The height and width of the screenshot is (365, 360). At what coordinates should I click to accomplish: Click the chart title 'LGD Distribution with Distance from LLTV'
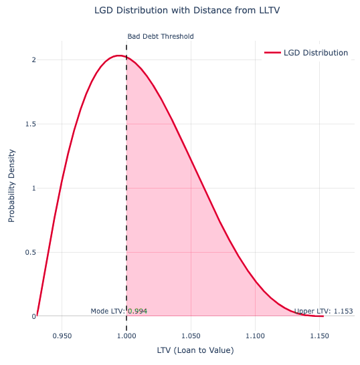pyautogui.click(x=180, y=11)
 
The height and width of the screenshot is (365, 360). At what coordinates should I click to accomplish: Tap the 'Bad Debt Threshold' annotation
pyautogui.click(x=160, y=37)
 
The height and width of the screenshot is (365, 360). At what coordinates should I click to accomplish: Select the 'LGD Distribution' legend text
pyautogui.click(x=316, y=53)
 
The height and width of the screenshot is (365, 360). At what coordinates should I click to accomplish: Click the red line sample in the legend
pyautogui.click(x=272, y=53)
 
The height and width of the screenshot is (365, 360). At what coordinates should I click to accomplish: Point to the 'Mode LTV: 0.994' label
pyautogui.click(x=119, y=312)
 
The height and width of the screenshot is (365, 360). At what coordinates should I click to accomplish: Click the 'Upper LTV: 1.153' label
pyautogui.click(x=324, y=312)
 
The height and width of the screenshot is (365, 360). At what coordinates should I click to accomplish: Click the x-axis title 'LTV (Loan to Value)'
pyautogui.click(x=191, y=350)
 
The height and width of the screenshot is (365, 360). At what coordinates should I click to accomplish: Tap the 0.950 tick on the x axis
pyautogui.click(x=62, y=330)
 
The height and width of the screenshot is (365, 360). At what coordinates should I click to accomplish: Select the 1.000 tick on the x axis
pyautogui.click(x=126, y=330)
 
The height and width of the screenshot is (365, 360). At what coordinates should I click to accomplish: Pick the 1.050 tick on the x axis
pyautogui.click(x=191, y=330)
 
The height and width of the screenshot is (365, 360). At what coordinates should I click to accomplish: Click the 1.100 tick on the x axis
pyautogui.click(x=256, y=330)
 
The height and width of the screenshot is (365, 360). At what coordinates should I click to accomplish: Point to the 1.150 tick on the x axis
pyautogui.click(x=320, y=330)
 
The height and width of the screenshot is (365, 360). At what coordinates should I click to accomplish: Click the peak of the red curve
pyautogui.click(x=118, y=55)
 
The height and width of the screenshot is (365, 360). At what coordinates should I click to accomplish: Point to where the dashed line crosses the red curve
pyautogui.click(x=126, y=57)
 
